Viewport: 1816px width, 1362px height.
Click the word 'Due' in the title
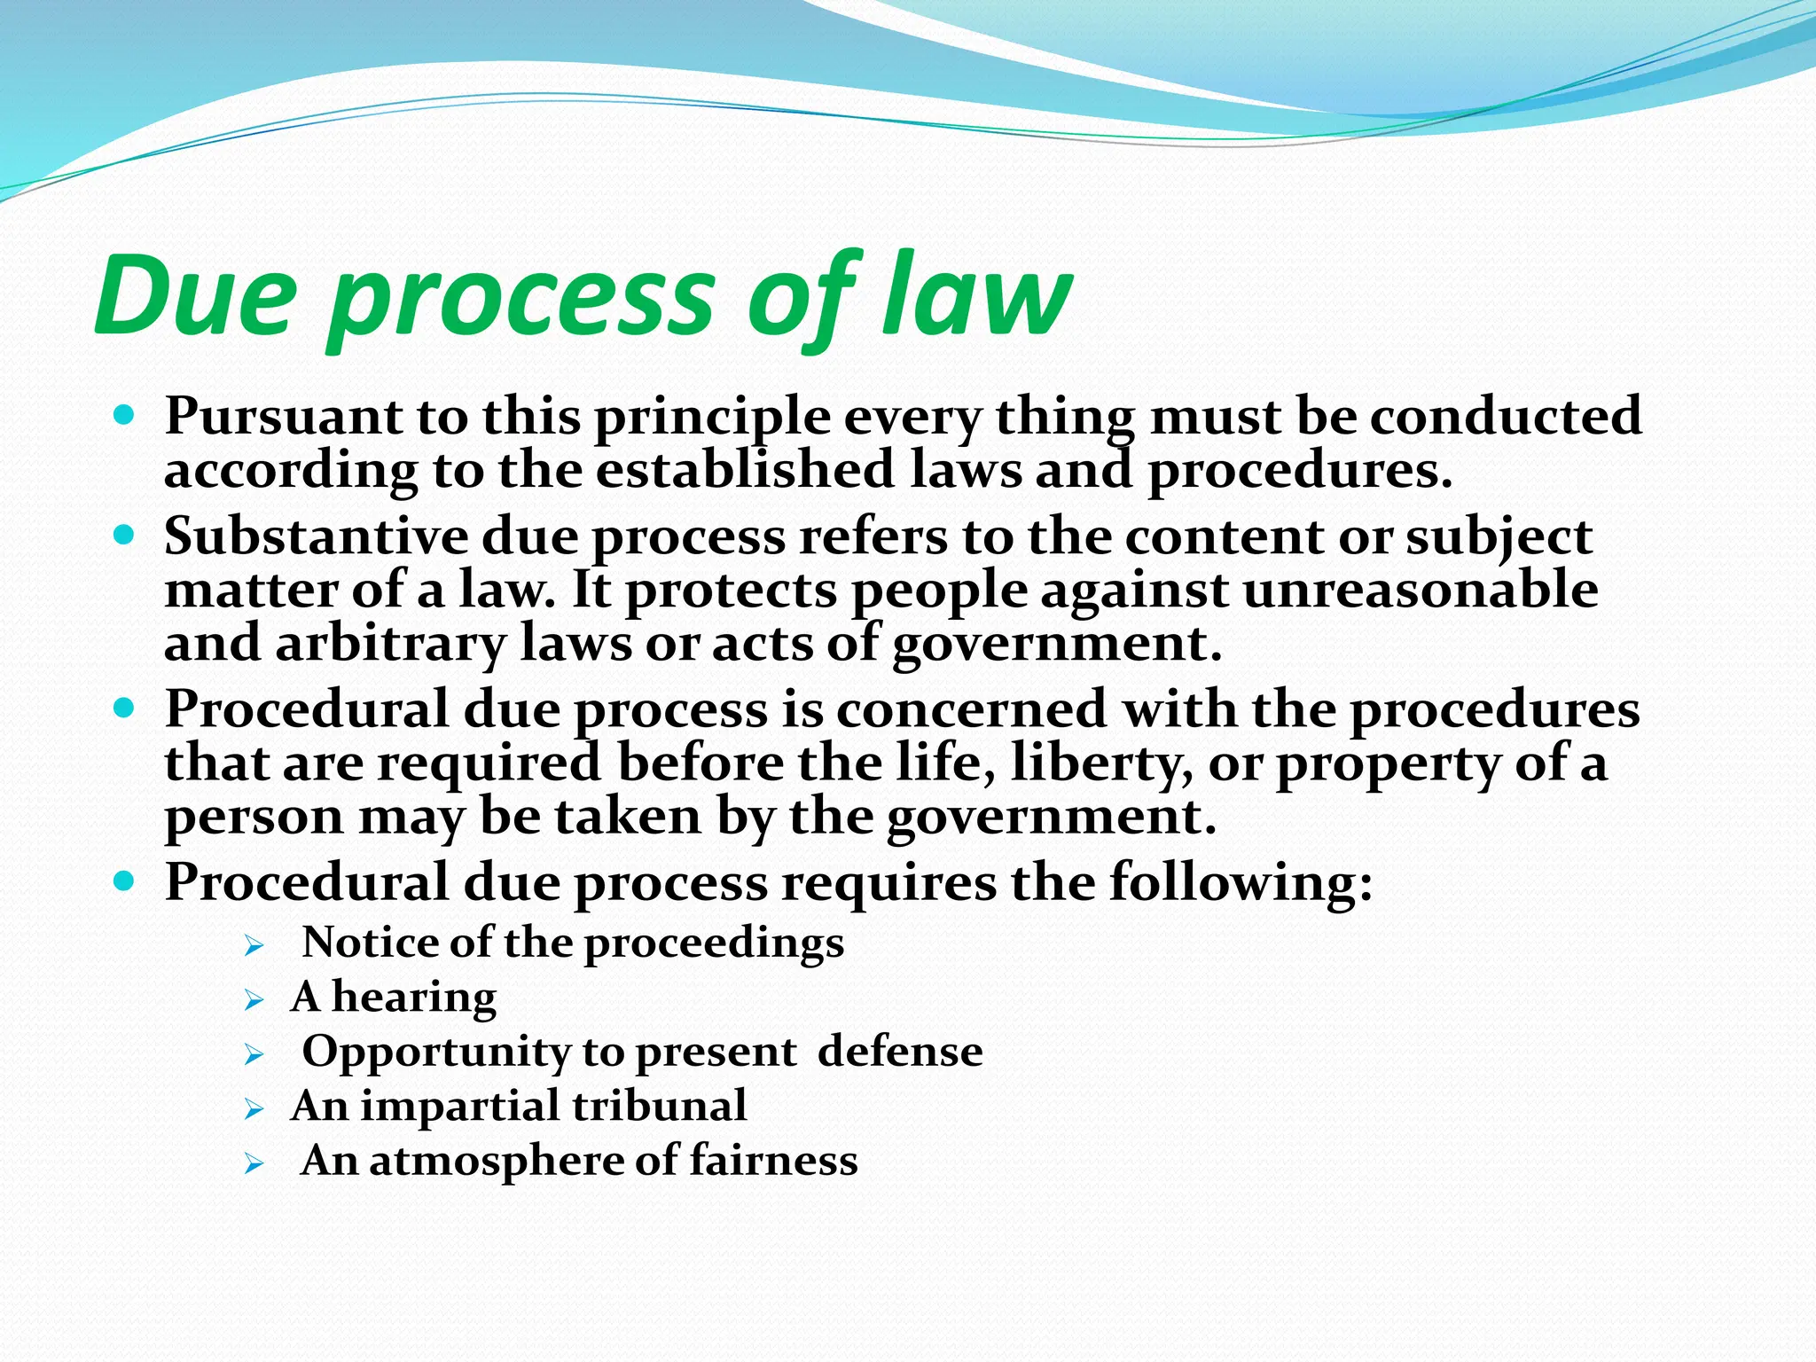(195, 297)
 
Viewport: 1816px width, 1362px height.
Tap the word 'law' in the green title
(975, 297)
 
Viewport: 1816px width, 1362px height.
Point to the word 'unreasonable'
(1421, 590)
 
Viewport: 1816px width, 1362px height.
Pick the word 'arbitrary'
(390, 643)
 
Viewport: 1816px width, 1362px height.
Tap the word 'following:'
(1241, 882)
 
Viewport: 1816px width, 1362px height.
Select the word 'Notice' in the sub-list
(371, 942)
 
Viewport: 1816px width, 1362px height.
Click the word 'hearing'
(414, 997)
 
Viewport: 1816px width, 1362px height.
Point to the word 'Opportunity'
(436, 1053)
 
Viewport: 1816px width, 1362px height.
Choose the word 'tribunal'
(660, 1106)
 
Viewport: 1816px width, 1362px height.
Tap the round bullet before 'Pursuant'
(125, 414)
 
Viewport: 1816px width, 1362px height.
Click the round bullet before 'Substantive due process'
(125, 535)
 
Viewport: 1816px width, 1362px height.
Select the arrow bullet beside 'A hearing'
(254, 1001)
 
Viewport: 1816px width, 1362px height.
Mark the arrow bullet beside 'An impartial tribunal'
(254, 1109)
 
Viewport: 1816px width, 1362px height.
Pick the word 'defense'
(900, 1052)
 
